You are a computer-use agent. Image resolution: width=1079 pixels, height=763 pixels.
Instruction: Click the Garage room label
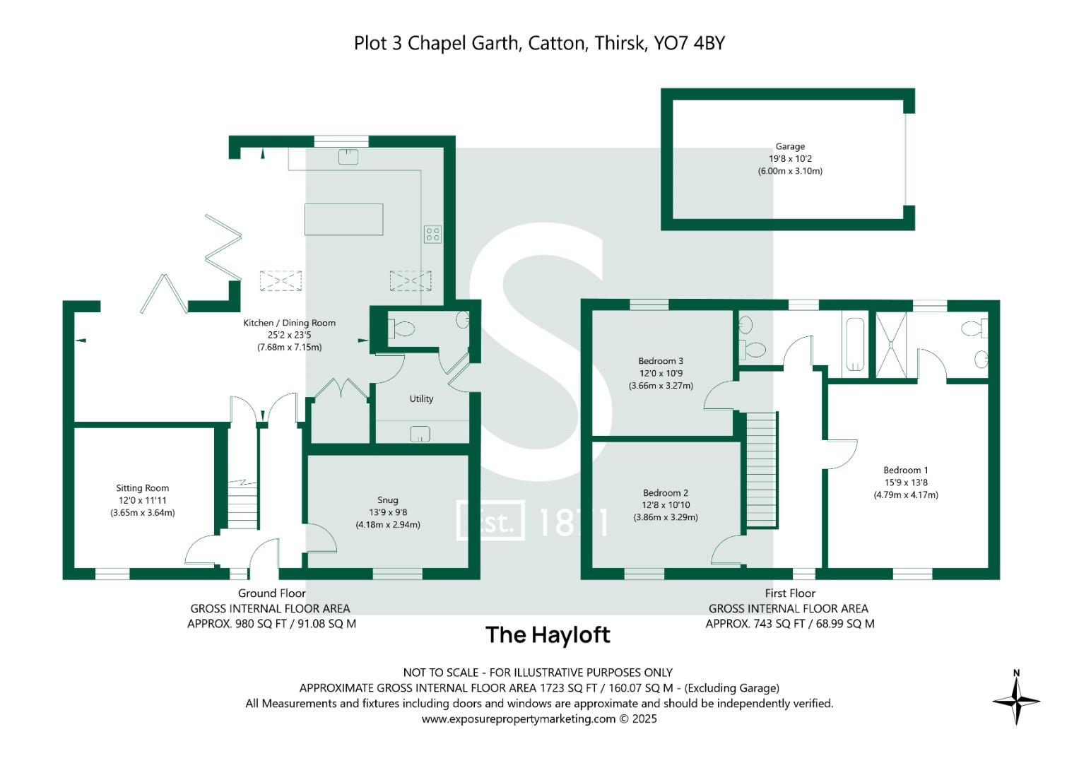(790, 147)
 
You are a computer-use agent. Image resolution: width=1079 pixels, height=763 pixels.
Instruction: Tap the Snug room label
(388, 499)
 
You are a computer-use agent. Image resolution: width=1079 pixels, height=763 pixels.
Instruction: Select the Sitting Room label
(142, 488)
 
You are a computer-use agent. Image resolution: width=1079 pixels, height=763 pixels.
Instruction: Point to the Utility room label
(421, 399)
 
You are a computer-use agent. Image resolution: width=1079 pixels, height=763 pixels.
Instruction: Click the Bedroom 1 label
(905, 471)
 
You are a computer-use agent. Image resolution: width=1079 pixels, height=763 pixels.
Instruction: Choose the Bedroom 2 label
(665, 493)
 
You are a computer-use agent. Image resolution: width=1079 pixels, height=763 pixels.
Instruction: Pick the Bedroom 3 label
(660, 361)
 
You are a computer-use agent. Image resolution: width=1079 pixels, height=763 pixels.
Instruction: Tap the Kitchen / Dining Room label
(289, 323)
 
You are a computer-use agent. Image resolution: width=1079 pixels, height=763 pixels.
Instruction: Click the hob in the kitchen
(432, 234)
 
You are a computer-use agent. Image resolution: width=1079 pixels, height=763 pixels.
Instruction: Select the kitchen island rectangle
(343, 219)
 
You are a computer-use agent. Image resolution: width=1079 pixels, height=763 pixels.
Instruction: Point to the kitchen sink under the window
(348, 157)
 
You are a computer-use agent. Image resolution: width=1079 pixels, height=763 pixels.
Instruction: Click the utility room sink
(420, 434)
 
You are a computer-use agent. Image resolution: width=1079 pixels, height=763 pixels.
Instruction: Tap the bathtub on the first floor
(855, 343)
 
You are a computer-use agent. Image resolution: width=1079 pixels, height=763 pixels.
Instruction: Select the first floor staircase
(762, 469)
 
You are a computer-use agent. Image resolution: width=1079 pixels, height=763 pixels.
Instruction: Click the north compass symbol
(1016, 699)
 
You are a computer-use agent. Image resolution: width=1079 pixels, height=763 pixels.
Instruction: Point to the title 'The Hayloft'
(548, 634)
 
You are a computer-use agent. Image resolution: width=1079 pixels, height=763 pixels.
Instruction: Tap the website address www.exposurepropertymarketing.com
(519, 719)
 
